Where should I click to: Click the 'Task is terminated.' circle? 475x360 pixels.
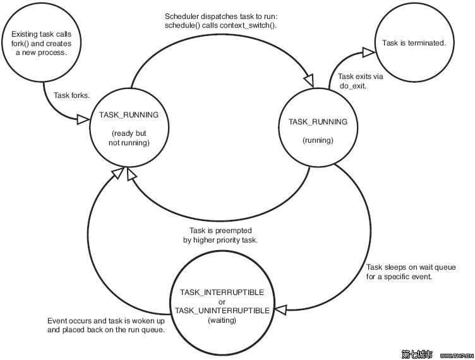414,43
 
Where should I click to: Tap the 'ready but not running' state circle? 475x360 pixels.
129,129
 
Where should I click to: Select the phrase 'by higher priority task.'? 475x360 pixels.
217,240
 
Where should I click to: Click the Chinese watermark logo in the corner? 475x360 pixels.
416,354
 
